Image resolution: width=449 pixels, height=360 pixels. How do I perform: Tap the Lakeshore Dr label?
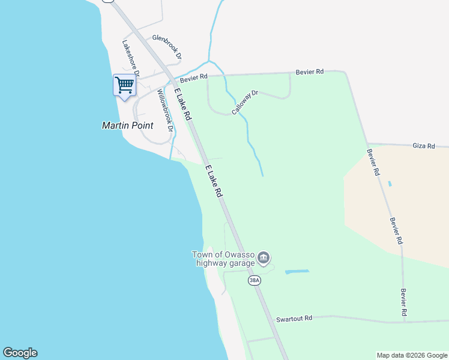131,58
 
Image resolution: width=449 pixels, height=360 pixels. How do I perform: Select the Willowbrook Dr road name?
165,111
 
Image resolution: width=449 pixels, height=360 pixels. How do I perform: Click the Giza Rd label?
423,145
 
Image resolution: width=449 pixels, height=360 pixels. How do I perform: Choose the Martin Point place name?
127,125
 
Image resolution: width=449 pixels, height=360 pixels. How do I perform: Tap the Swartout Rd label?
294,318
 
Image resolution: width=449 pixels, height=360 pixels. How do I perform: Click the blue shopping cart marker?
124,85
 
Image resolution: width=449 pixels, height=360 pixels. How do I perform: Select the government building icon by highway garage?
264,259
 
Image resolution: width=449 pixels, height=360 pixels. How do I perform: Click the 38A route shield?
255,280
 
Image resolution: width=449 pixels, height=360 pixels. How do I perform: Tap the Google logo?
20,353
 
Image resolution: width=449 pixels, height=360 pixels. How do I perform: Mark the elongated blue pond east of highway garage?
297,272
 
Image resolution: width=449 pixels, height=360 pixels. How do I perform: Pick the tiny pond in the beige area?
390,183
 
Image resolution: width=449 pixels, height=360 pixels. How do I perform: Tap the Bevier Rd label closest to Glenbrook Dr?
195,77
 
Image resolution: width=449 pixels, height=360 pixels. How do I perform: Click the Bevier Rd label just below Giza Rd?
373,162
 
